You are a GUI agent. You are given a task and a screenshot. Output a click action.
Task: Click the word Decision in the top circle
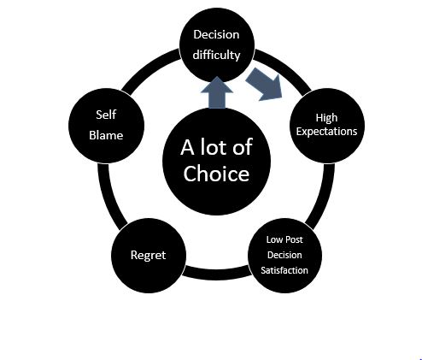pyautogui.click(x=216, y=35)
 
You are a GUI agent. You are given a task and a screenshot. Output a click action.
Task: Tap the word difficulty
pyautogui.click(x=216, y=55)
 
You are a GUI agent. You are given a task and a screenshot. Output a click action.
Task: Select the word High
pyautogui.click(x=326, y=118)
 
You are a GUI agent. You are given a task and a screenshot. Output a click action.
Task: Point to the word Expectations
pyautogui.click(x=326, y=132)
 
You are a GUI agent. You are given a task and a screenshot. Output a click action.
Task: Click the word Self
pyautogui.click(x=106, y=115)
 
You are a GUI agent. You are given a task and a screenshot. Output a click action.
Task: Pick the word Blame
pyautogui.click(x=106, y=135)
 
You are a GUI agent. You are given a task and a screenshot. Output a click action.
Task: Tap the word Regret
pyautogui.click(x=148, y=255)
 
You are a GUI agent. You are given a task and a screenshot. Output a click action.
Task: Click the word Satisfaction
pyautogui.click(x=284, y=270)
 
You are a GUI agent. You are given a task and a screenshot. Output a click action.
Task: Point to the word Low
pyautogui.click(x=273, y=239)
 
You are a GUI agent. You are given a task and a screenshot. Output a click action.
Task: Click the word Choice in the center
pyautogui.click(x=216, y=174)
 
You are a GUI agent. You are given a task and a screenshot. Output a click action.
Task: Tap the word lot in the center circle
pyautogui.click(x=210, y=147)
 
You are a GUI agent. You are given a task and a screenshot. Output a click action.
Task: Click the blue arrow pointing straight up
pyautogui.click(x=217, y=92)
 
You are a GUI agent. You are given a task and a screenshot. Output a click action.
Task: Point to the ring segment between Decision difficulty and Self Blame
pyautogui.click(x=148, y=68)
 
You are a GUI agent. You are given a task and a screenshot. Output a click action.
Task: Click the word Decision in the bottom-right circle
pyautogui.click(x=284, y=255)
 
